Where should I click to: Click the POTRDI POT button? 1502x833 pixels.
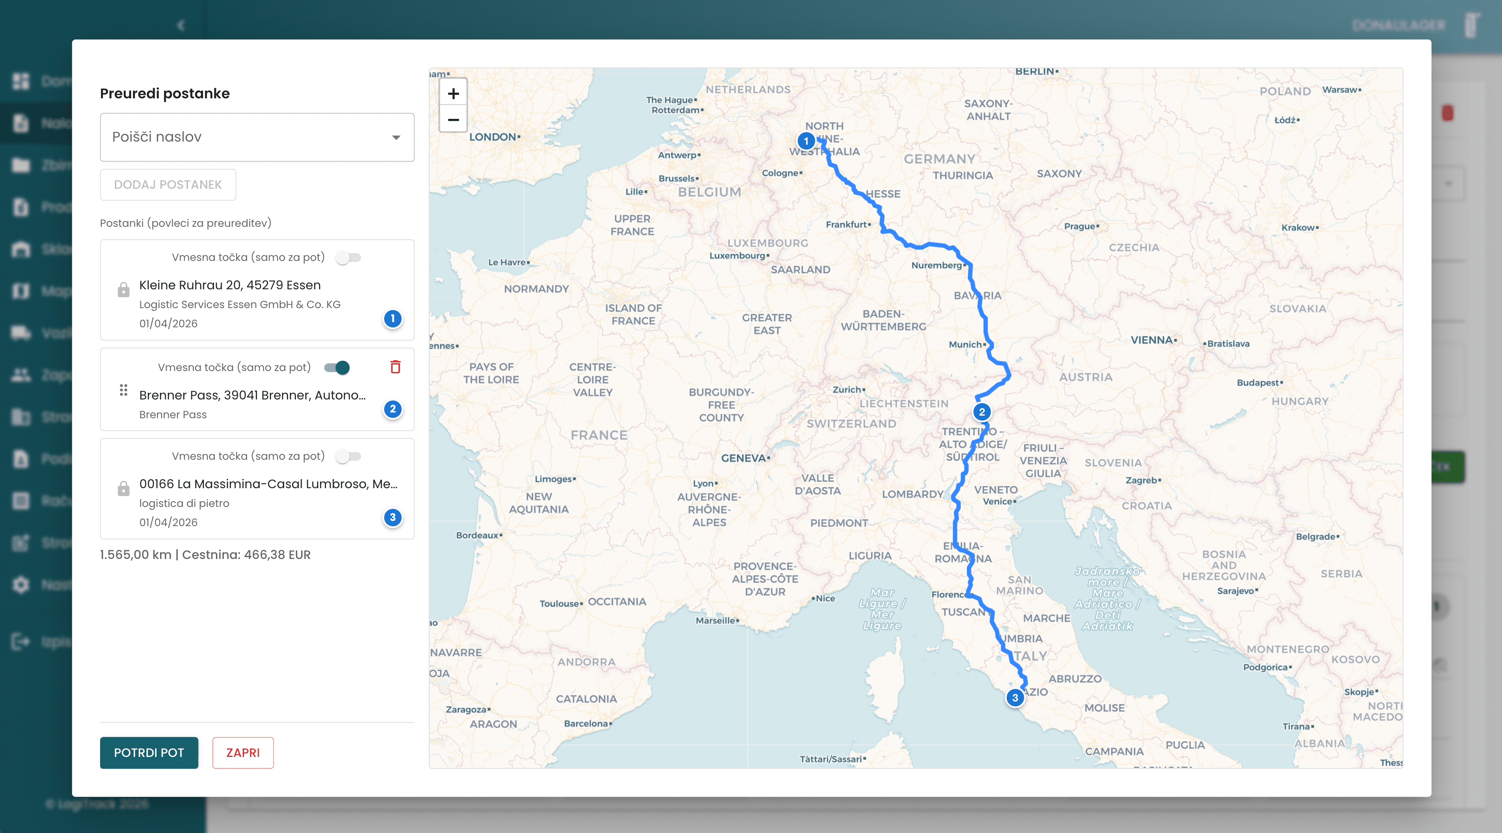[149, 753]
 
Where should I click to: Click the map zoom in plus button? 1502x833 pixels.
[453, 93]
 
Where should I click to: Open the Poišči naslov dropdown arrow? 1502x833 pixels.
[396, 138]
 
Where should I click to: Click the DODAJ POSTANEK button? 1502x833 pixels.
[168, 185]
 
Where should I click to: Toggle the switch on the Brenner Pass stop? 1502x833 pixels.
[337, 367]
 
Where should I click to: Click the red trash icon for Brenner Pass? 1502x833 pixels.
[395, 367]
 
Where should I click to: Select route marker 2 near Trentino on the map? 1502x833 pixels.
[982, 412]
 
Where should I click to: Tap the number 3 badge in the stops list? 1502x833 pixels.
[393, 517]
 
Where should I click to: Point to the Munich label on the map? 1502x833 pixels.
[965, 344]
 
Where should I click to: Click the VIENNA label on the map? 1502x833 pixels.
[1151, 340]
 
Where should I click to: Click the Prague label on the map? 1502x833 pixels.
[1079, 226]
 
